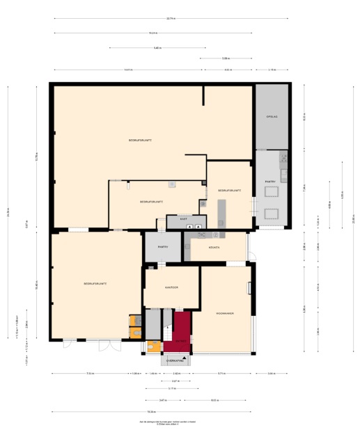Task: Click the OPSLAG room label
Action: [x=272, y=117]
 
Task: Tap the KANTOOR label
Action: [x=172, y=287]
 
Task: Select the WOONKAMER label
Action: [x=224, y=314]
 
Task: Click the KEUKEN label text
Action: [x=214, y=247]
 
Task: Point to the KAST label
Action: [x=183, y=218]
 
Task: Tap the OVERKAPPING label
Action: [x=175, y=360]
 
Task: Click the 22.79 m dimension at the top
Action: [x=171, y=19]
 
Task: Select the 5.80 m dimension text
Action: [x=157, y=47]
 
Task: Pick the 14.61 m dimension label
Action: [x=128, y=70]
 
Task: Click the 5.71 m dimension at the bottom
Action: [x=221, y=374]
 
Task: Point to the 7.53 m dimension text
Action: [x=90, y=374]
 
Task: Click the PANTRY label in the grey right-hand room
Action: [x=270, y=182]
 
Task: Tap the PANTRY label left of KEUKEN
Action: [x=162, y=247]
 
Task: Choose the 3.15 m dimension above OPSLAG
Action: [x=272, y=70]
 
